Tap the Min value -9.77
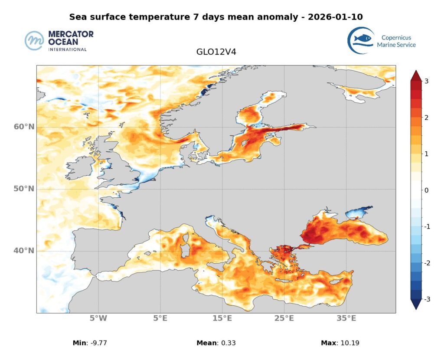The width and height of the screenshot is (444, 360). tap(98, 343)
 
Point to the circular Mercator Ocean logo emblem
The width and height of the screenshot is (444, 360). tap(34, 41)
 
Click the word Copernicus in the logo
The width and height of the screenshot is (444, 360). tap(396, 38)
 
